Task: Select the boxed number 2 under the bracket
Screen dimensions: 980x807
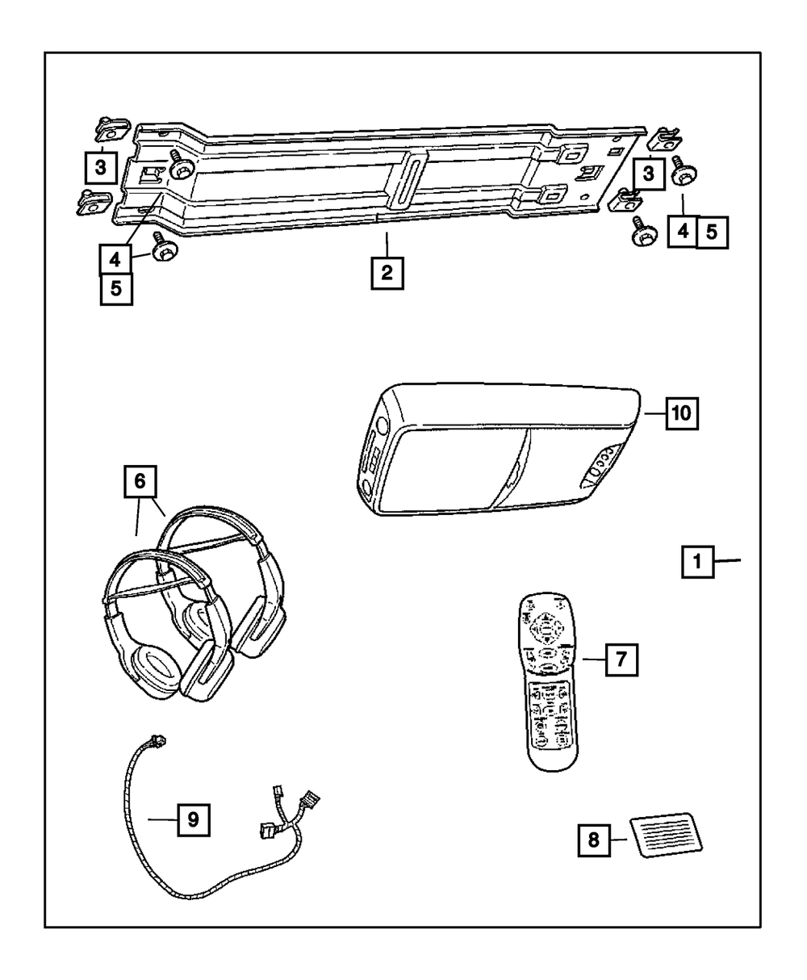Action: click(x=387, y=273)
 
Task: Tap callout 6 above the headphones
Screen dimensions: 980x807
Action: click(x=140, y=484)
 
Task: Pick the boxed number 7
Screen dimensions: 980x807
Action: click(x=620, y=660)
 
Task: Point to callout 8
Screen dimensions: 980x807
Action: click(x=593, y=840)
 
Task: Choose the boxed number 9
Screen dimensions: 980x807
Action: click(x=193, y=819)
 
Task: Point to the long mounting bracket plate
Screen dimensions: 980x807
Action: click(x=379, y=178)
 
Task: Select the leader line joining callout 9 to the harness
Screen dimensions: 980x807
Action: click(x=163, y=819)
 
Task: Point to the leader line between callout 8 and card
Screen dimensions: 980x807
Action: click(x=619, y=840)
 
